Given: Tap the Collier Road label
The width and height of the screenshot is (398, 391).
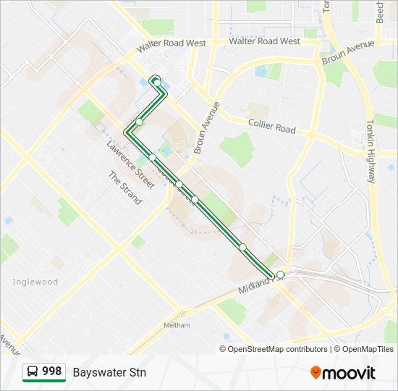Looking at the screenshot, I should click(x=271, y=126).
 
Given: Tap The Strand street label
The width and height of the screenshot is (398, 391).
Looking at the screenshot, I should click(x=124, y=188).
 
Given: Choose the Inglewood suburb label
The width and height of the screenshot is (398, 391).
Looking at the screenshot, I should click(x=35, y=282).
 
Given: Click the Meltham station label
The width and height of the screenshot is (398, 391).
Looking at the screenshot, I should click(x=177, y=325).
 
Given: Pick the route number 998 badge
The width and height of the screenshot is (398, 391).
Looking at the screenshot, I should click(x=51, y=371).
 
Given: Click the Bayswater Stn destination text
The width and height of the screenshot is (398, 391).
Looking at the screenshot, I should click(x=109, y=372).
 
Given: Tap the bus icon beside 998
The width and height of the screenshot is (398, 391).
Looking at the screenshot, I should click(x=33, y=372).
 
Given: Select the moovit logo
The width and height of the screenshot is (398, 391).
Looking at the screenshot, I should click(x=343, y=372).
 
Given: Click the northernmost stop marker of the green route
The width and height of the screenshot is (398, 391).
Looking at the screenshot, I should click(x=156, y=82).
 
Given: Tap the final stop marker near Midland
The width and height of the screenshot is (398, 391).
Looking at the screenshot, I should click(x=280, y=275).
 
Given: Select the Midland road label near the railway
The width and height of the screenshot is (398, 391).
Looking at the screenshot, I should click(x=258, y=284).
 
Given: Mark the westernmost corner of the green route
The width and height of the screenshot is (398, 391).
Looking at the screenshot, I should click(x=127, y=132).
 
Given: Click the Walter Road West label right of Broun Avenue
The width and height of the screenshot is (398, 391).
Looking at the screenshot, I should click(x=264, y=41).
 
